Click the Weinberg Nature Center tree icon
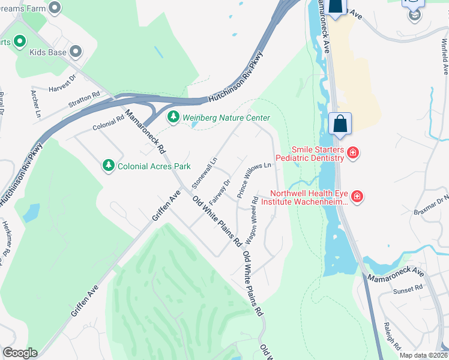tap(173, 118)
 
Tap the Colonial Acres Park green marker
tap(109, 165)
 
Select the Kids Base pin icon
tap(76, 52)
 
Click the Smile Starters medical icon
tap(353, 153)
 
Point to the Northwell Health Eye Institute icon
tap(357, 197)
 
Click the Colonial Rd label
tap(108, 122)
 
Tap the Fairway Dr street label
tap(221, 191)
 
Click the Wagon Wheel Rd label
tap(255, 212)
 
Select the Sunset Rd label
tap(408, 290)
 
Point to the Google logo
tap(20, 353)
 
